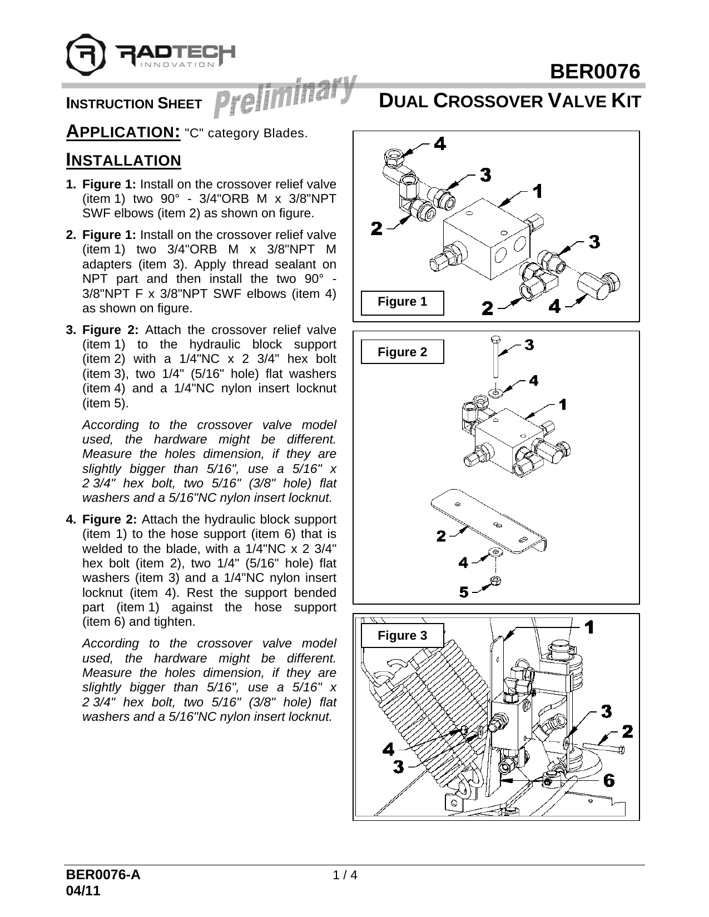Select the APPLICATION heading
[122, 132]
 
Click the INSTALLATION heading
[123, 161]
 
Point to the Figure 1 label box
[402, 302]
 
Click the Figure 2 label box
[402, 352]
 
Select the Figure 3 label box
[402, 635]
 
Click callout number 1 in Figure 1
[537, 191]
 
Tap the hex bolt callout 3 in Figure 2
[529, 345]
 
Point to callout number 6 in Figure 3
[609, 780]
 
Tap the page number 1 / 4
[344, 875]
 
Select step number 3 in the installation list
[71, 330]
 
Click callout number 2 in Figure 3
[627, 731]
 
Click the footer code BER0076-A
[103, 875]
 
